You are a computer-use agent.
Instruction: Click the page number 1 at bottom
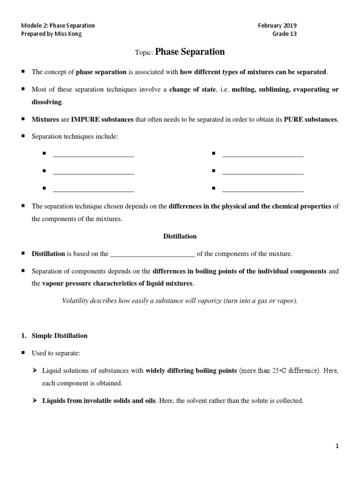point(337,446)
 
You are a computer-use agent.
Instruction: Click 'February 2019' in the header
point(277,25)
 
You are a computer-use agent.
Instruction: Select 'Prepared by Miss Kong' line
point(52,34)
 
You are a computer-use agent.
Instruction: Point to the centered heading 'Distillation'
point(180,236)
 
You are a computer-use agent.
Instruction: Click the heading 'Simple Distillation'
point(59,336)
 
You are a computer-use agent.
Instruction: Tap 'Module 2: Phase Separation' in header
point(59,25)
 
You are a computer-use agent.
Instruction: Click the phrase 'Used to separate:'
point(54,353)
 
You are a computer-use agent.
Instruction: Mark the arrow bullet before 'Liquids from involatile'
point(35,401)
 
